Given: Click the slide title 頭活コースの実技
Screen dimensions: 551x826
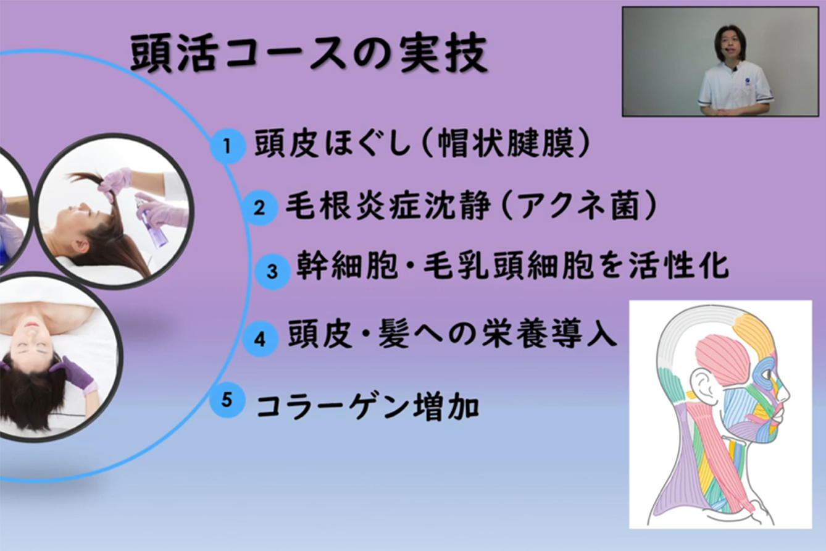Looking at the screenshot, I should (x=309, y=54).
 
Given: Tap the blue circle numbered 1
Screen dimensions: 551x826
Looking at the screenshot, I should (x=227, y=146).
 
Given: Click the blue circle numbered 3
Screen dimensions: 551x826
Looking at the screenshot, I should (x=272, y=271).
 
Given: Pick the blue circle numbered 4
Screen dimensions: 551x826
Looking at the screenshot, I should (x=260, y=339).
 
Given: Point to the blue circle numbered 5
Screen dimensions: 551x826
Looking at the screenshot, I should (x=227, y=400).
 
